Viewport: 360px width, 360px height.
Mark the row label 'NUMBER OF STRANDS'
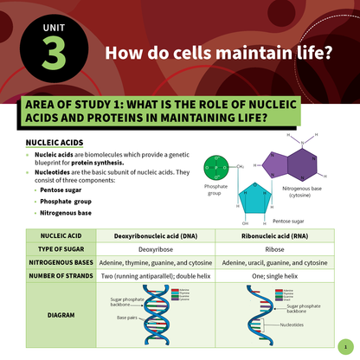click(x=61, y=276)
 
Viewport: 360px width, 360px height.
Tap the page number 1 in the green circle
click(x=344, y=344)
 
